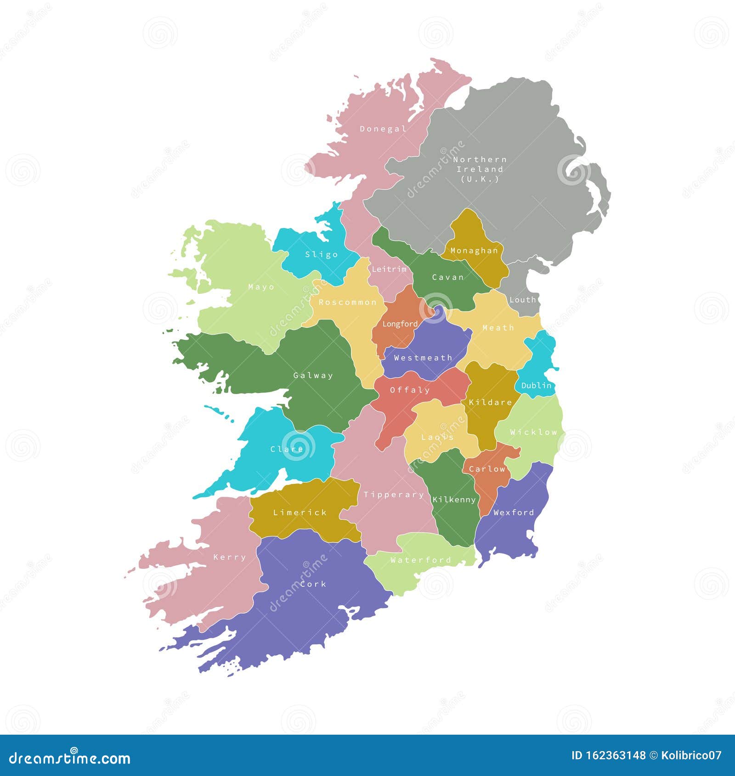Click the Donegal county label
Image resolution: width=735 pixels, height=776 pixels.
click(383, 129)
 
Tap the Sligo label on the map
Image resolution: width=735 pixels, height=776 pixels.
click(321, 254)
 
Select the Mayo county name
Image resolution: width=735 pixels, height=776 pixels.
click(261, 287)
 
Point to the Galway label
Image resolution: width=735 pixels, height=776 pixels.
click(313, 376)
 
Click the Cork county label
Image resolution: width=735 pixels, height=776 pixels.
click(313, 584)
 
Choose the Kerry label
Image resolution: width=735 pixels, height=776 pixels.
click(230, 557)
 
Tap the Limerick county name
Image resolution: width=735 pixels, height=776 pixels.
click(300, 512)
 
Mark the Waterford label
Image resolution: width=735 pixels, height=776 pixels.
click(420, 560)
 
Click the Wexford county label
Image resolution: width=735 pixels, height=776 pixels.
click(513, 512)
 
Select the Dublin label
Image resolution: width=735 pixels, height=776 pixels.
click(536, 385)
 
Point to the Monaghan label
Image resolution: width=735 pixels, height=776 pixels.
click(474, 251)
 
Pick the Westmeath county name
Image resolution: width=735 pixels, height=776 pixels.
click(423, 358)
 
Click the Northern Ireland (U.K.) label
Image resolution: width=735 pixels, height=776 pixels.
click(480, 169)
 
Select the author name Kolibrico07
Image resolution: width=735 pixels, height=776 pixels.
click(691, 755)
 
